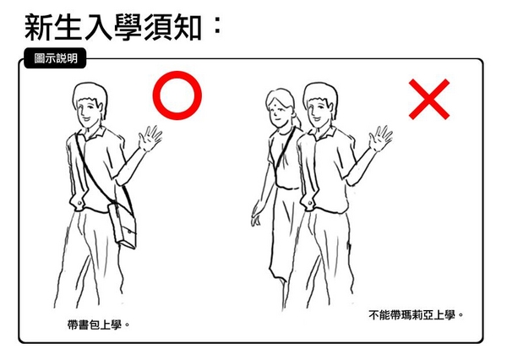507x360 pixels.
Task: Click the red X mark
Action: (429, 100)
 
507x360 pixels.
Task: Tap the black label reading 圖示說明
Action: (55, 58)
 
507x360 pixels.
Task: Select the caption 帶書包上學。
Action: (99, 325)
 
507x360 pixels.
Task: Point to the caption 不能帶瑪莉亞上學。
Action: (416, 314)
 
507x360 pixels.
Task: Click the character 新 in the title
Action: (39, 28)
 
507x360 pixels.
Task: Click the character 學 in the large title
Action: (128, 28)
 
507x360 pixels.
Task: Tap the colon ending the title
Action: (218, 25)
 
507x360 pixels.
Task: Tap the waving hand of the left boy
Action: (150, 138)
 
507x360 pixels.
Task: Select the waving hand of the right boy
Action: (380, 138)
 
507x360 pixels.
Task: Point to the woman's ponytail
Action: (297, 120)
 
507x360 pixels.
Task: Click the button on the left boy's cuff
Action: (79, 204)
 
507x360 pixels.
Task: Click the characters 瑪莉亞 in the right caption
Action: (416, 314)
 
